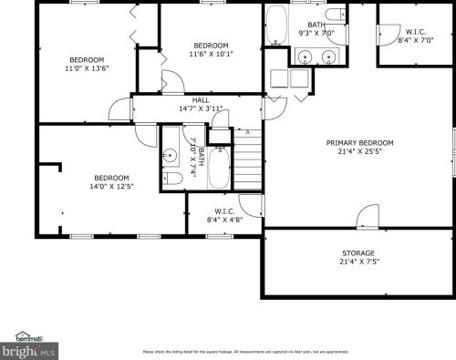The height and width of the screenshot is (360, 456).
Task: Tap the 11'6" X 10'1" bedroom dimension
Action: click(x=211, y=54)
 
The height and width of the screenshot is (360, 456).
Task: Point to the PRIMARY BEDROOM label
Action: click(x=360, y=143)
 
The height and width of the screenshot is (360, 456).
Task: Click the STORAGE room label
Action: click(x=358, y=253)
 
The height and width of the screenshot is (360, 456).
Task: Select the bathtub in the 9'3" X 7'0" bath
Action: click(x=277, y=32)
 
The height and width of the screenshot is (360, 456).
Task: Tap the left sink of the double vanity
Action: click(x=305, y=57)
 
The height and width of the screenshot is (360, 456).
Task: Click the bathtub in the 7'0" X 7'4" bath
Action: click(x=220, y=168)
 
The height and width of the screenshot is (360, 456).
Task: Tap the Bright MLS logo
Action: click(x=29, y=346)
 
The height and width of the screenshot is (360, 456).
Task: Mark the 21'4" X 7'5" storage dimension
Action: click(x=358, y=262)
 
